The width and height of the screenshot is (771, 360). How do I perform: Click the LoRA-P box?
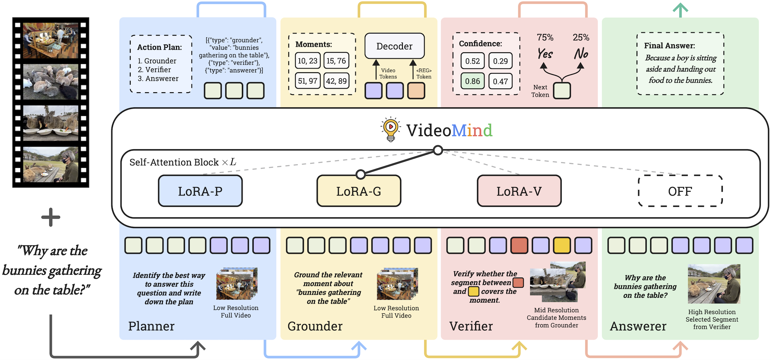coord(200,191)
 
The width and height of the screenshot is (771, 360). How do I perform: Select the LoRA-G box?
coord(359,191)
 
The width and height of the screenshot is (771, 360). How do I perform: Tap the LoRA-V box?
coord(519,191)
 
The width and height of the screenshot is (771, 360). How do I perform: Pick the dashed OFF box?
coord(680,191)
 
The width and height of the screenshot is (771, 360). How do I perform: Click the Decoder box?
coord(395,46)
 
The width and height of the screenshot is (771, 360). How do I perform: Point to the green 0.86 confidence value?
coord(472,81)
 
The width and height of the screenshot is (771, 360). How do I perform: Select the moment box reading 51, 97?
coord(308,81)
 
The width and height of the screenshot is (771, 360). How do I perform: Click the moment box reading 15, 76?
coord(336,61)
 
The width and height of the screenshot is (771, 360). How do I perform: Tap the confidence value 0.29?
coord(500,61)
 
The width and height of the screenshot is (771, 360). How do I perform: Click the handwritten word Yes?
coord(545,53)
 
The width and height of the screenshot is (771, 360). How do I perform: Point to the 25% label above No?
coord(581,37)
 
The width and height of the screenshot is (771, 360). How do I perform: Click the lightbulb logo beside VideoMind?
coord(390,129)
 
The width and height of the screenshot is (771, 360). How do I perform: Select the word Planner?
coord(151,326)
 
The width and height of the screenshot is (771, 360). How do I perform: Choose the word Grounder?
coord(315,326)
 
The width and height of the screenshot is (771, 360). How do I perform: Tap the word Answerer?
coord(638,326)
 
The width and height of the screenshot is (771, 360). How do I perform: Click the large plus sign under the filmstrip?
coord(51,217)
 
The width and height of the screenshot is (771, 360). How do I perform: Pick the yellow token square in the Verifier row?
coord(562,246)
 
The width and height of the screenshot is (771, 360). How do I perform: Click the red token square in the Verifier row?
coord(519,246)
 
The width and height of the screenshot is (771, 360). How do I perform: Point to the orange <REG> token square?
coord(416,91)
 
